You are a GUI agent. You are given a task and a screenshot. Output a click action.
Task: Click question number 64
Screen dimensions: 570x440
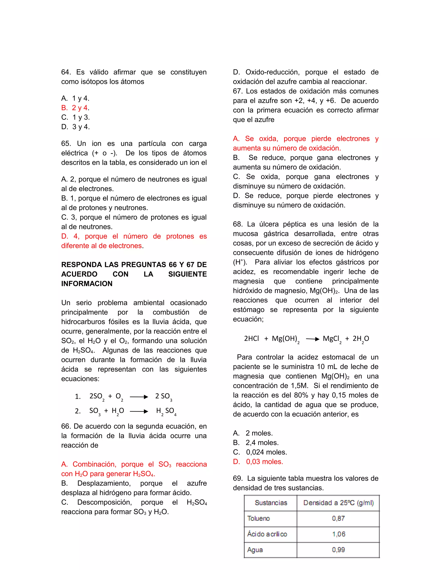(66, 72)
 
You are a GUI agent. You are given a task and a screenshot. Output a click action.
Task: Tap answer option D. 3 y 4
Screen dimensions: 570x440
(75, 127)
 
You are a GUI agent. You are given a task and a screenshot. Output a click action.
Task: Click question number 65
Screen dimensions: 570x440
(66, 143)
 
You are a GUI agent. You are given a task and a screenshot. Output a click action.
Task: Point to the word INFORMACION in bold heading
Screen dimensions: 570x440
(87, 284)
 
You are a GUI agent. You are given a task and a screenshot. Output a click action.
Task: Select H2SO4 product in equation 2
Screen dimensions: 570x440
(166, 411)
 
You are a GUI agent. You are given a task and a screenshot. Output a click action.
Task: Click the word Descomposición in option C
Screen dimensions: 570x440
(104, 502)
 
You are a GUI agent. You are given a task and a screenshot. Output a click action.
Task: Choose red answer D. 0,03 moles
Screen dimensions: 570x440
(258, 462)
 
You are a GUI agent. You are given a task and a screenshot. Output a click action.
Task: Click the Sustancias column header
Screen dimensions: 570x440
(271, 503)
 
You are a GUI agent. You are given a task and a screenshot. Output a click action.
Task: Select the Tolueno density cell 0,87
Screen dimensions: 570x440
(338, 519)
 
